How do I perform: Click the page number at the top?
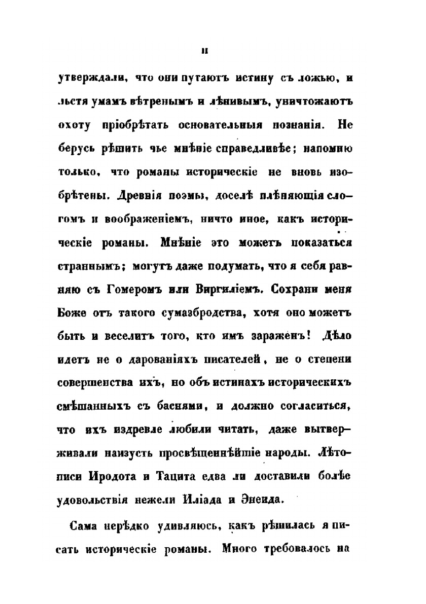pyautogui.click(x=203, y=49)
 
